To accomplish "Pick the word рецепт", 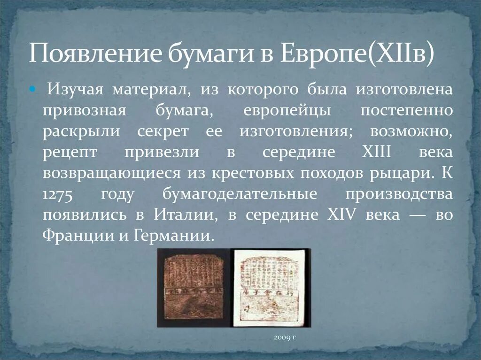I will (x=70, y=153).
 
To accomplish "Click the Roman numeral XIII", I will (x=375, y=153).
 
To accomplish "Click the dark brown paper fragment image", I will (x=193, y=287).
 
